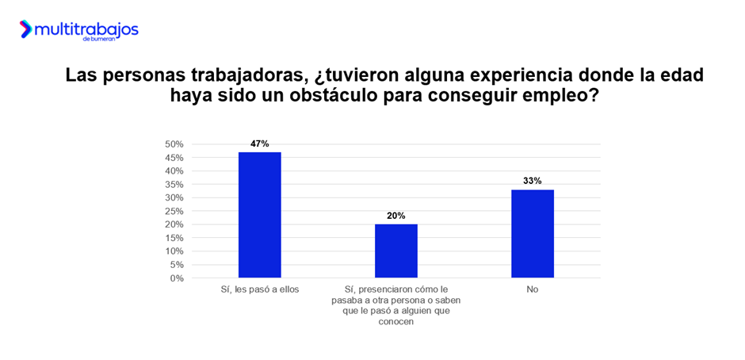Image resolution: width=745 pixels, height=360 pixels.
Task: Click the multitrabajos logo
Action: (x=78, y=30)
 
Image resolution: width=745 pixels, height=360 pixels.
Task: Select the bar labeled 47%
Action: (x=259, y=214)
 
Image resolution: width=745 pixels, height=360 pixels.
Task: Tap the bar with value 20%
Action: (x=395, y=251)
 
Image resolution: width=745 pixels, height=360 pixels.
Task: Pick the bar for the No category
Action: (x=532, y=233)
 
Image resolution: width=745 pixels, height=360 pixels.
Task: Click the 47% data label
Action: (x=259, y=144)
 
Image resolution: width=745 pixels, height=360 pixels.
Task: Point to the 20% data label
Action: (x=395, y=216)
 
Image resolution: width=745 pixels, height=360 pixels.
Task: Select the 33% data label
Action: (x=532, y=181)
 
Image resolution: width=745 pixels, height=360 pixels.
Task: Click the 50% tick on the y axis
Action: (x=174, y=144)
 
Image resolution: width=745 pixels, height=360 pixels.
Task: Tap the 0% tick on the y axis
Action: (x=177, y=278)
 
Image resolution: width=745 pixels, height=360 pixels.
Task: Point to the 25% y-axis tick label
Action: (x=174, y=211)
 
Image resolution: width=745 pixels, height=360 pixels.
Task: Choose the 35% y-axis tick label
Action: (x=174, y=184)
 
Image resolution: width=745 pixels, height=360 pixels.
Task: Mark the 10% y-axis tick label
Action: (x=174, y=251)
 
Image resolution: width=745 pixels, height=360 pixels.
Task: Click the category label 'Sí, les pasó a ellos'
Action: (x=259, y=289)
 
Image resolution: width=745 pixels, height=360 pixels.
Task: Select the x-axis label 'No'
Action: (x=532, y=289)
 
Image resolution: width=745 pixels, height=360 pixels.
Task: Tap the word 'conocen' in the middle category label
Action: (x=395, y=322)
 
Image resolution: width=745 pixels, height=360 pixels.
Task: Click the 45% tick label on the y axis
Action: (x=174, y=158)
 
